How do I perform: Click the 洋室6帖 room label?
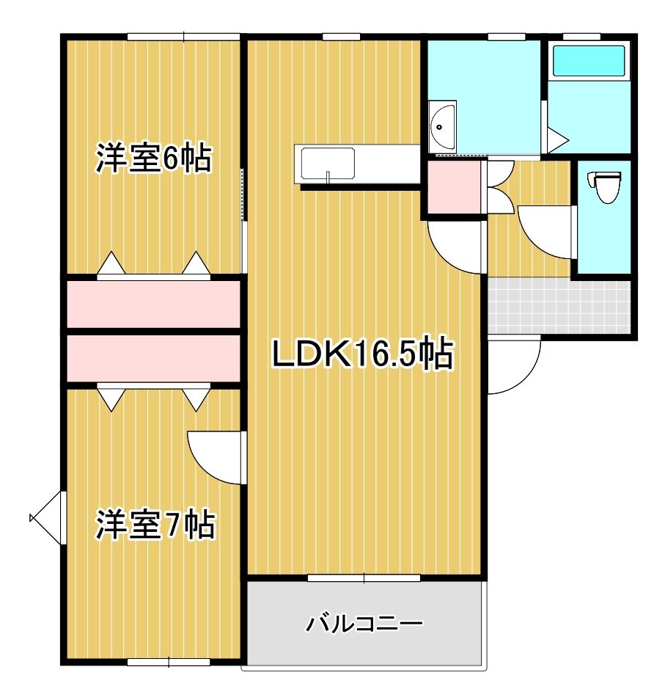point(153,159)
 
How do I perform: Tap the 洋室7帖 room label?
point(155,525)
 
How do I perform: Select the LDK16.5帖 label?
point(362,355)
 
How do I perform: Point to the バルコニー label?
point(364,624)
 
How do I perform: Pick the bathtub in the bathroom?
point(589,61)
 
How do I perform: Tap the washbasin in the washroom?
point(442,126)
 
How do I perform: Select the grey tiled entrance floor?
point(559,305)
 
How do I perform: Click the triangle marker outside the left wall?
point(46,518)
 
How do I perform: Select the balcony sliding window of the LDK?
point(364,578)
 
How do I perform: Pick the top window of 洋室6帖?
point(183,37)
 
